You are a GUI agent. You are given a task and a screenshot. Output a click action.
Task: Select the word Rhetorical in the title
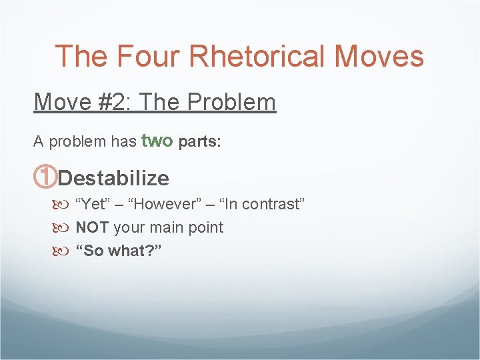point(261,56)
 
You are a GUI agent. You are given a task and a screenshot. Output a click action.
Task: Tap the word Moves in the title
point(379,56)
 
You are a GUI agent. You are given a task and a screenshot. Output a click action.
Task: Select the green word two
point(157,141)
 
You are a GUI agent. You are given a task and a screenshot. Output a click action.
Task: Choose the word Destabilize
point(113,179)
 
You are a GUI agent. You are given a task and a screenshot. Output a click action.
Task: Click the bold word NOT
point(93,227)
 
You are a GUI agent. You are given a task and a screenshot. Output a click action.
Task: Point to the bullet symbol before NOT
point(64,228)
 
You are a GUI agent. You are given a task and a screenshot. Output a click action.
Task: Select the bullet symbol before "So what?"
point(64,251)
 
